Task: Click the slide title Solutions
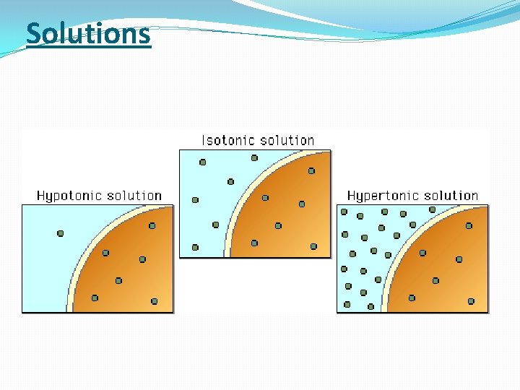88,34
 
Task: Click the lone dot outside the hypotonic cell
61,233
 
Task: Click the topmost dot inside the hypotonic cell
152,226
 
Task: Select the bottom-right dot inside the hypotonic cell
155,301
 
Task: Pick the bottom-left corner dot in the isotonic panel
195,248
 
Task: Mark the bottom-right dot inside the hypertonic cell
471,301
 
